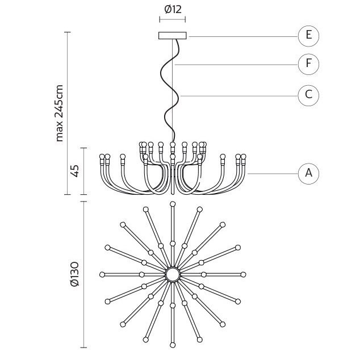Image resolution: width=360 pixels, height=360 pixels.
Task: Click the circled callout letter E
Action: (308, 36)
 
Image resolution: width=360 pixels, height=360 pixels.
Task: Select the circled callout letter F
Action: (308, 64)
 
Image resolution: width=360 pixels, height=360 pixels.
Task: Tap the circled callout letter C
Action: (308, 95)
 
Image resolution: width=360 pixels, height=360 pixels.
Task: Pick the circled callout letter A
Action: (308, 174)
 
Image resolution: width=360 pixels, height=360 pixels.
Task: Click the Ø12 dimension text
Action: (173, 10)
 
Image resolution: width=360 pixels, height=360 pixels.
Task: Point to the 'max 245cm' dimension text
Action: (59, 113)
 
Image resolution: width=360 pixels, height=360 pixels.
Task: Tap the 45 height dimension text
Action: (75, 171)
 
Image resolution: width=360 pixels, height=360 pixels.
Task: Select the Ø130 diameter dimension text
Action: (75, 274)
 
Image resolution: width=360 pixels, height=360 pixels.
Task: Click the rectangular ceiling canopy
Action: (173, 36)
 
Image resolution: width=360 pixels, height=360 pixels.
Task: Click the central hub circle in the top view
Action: (173, 274)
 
